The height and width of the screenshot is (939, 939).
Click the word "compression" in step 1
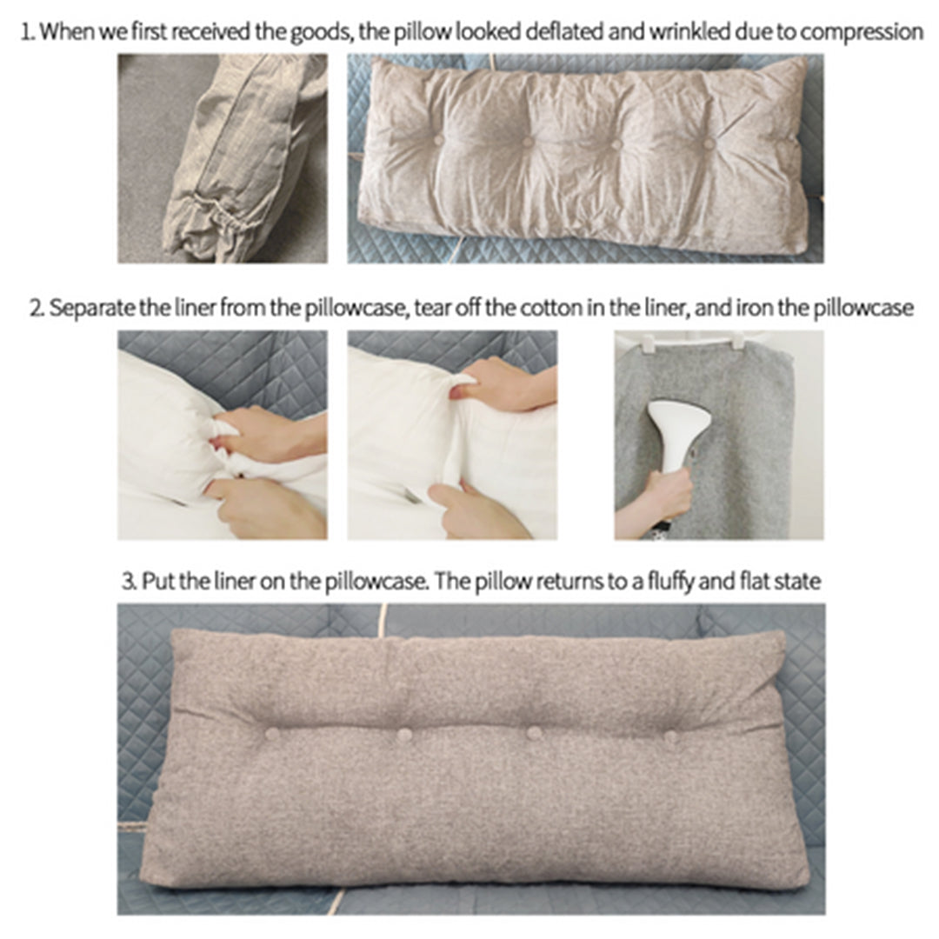click(x=861, y=33)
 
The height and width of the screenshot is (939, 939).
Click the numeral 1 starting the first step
click(x=26, y=33)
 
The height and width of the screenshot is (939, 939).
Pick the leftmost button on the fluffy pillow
click(x=272, y=733)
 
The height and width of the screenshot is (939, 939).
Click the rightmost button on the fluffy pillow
click(x=670, y=736)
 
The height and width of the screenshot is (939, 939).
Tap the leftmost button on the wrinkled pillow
click(x=438, y=138)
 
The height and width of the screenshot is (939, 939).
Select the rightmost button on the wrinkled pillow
click(x=709, y=143)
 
